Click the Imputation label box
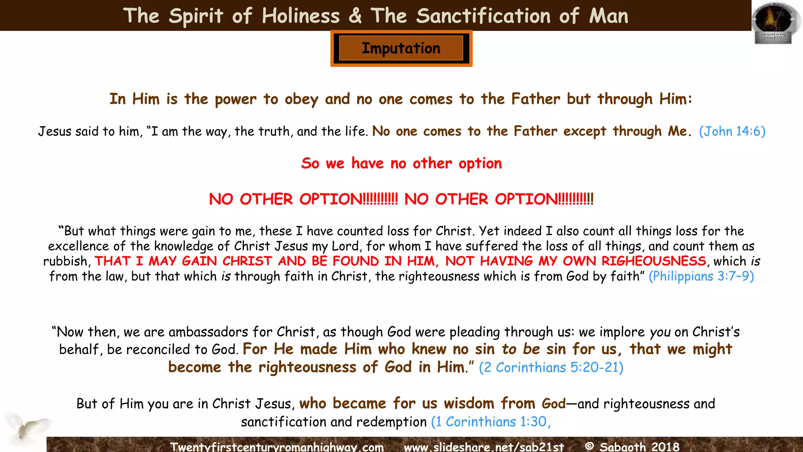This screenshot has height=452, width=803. coord(401,48)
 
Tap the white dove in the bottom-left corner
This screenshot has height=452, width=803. coord(27,427)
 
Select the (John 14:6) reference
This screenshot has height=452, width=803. coord(732,131)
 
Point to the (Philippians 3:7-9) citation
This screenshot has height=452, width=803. coord(701,276)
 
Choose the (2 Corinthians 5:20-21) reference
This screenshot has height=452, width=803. coord(551,367)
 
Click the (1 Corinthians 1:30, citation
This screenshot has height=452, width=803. coord(491,422)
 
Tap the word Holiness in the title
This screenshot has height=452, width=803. coord(301,16)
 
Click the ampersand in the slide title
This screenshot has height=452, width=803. coord(355,16)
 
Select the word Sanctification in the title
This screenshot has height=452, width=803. coord(483,16)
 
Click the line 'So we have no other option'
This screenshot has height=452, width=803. coord(401,163)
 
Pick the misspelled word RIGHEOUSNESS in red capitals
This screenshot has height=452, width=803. coord(654,261)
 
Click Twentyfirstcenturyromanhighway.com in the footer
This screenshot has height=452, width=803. coord(277,447)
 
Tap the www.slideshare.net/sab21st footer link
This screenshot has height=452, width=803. coord(484,447)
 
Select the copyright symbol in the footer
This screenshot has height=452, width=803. coord(589,446)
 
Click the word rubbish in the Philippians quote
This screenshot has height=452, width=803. coord(65,261)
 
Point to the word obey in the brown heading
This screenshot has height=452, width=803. coord(301,99)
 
